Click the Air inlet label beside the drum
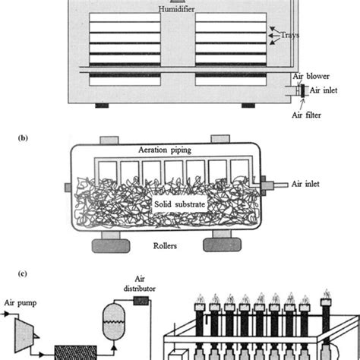coord(314,183)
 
